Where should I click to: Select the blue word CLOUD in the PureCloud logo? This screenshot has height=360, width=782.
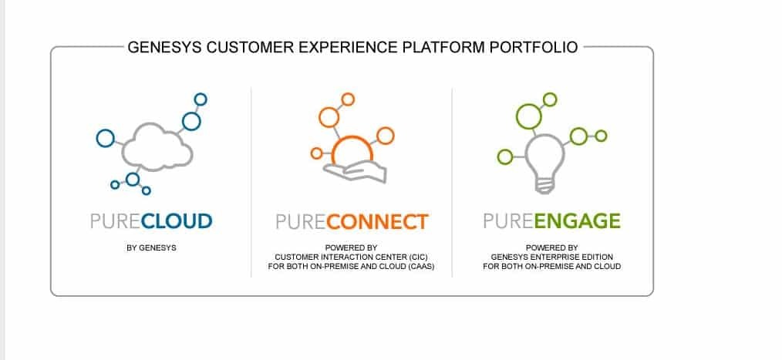coord(177,221)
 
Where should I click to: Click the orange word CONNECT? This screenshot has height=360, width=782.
coord(378,222)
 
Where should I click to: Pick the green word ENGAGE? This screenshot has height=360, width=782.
coord(577,221)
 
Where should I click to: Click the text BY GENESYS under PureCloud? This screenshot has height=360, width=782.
coord(151,247)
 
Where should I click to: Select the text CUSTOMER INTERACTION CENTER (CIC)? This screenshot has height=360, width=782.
coord(351,257)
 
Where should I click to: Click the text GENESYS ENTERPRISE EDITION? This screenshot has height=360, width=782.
coord(551,257)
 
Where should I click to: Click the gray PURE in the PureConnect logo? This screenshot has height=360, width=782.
coord(302,222)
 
